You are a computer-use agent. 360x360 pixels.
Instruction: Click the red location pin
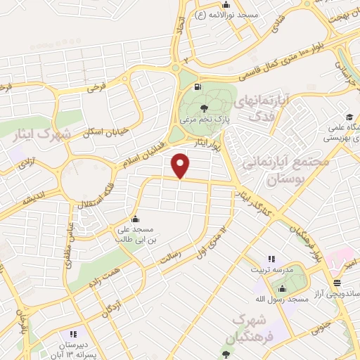181,166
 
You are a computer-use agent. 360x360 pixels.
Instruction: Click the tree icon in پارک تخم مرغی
204,108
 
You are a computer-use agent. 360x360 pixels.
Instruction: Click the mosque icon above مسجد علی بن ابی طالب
134,218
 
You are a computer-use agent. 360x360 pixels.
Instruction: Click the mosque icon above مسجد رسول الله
283,288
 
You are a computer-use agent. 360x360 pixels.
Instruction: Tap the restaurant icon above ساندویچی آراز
337,282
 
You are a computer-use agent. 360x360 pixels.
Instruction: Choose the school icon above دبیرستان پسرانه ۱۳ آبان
72,334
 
